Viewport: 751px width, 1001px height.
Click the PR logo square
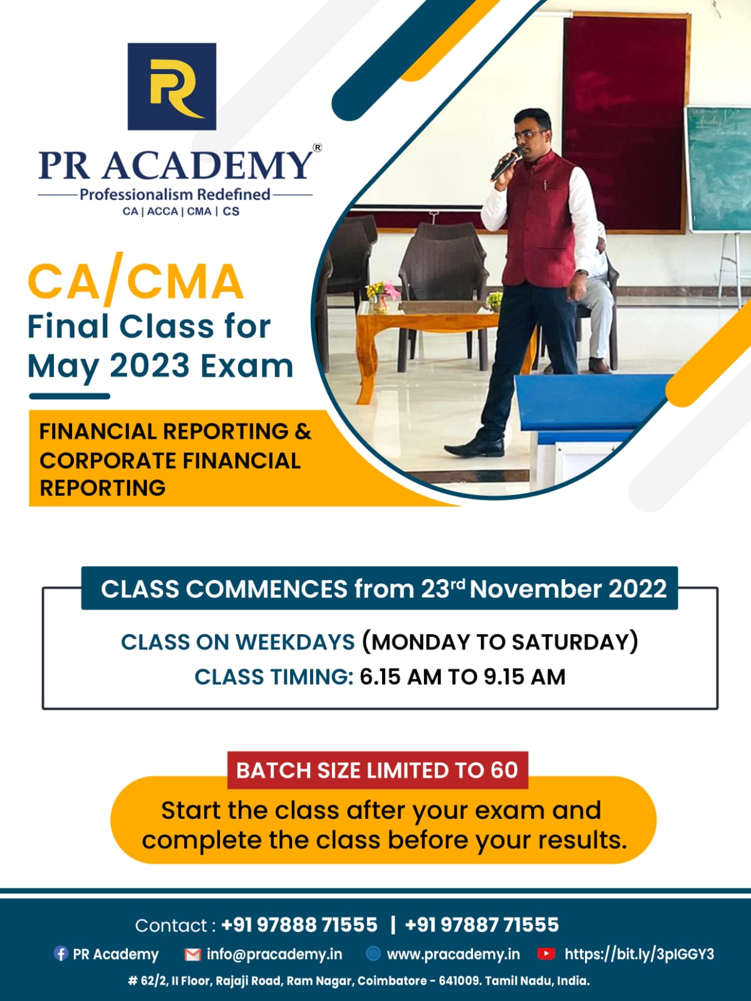(x=172, y=86)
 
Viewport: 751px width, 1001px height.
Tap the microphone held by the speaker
(x=505, y=165)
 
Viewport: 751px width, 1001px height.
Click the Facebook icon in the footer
(x=61, y=953)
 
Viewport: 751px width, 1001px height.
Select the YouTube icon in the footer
(x=546, y=953)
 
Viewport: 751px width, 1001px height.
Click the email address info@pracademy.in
(x=274, y=954)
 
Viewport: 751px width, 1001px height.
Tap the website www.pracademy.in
(x=453, y=954)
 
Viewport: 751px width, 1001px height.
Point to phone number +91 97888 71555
(x=299, y=925)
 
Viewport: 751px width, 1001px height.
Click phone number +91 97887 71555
(x=482, y=925)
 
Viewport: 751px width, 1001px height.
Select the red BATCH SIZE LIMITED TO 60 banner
(x=377, y=770)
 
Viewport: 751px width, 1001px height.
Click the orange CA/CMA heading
(x=135, y=282)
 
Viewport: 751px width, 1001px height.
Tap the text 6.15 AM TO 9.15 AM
(x=462, y=677)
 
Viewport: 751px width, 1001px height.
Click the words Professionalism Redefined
(x=175, y=194)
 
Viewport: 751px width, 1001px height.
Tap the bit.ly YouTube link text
(x=639, y=954)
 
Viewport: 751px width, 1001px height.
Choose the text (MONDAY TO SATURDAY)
(x=500, y=642)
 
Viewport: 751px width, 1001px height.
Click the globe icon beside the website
(x=373, y=953)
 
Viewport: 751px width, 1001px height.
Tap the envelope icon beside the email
(x=192, y=954)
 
